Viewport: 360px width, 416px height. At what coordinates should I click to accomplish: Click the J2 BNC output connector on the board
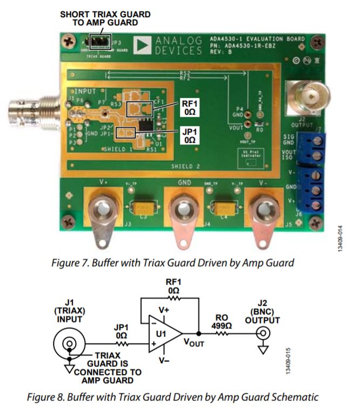[309, 98]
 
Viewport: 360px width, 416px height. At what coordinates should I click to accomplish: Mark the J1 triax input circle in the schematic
[69, 344]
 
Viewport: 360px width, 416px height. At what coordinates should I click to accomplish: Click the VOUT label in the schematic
[193, 342]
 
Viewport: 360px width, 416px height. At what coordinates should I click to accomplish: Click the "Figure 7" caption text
[172, 263]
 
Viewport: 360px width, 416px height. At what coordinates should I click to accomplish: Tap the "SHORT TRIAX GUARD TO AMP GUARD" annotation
[105, 18]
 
